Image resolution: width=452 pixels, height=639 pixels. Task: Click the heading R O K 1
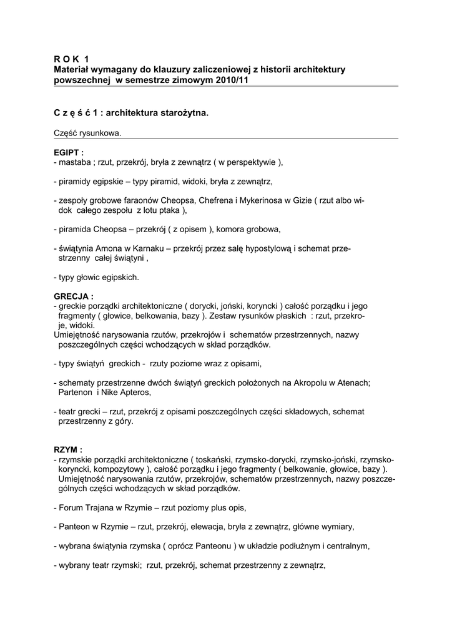click(x=72, y=58)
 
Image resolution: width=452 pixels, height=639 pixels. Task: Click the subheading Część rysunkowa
click(x=87, y=133)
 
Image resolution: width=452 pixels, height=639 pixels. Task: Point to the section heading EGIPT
click(x=69, y=153)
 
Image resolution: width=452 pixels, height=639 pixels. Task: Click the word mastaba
click(x=75, y=163)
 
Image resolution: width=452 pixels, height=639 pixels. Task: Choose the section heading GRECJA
click(x=73, y=296)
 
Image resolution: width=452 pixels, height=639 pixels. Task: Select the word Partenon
click(x=76, y=393)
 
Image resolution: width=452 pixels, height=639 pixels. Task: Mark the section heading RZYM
click(x=68, y=449)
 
